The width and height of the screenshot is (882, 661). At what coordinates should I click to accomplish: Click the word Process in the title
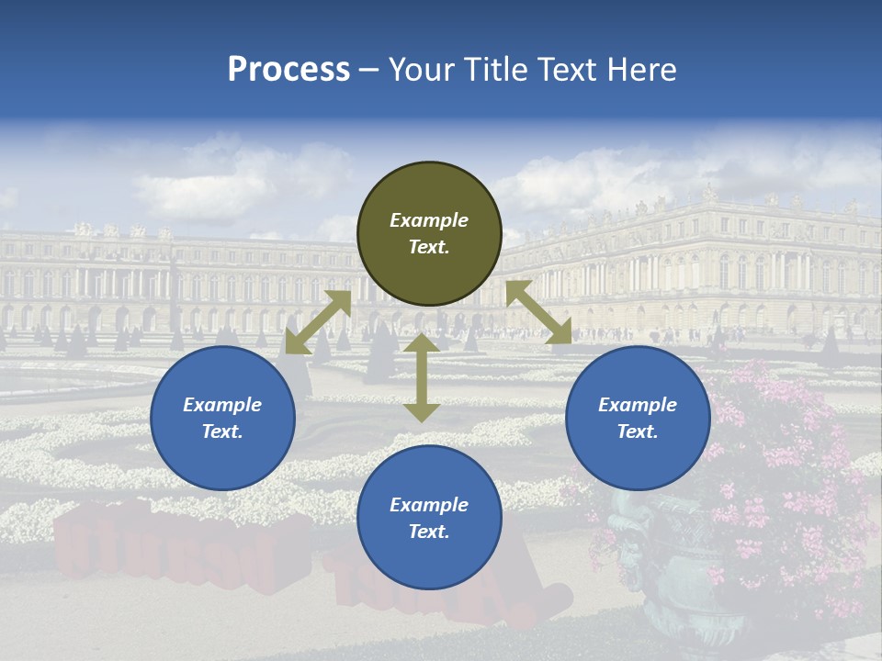click(288, 70)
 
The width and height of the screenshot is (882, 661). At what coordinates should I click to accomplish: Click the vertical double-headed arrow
click(422, 377)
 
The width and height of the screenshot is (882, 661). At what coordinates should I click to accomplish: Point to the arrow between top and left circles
click(319, 322)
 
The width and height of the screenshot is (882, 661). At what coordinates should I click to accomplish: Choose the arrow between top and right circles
click(538, 313)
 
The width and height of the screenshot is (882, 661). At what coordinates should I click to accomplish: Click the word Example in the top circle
click(429, 220)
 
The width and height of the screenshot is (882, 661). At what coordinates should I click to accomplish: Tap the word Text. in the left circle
click(222, 431)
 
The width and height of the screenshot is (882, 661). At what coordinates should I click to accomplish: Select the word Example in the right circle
click(638, 405)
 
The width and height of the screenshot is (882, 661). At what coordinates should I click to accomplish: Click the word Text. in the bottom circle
click(429, 532)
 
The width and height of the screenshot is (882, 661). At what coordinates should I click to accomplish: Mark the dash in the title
click(369, 70)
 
